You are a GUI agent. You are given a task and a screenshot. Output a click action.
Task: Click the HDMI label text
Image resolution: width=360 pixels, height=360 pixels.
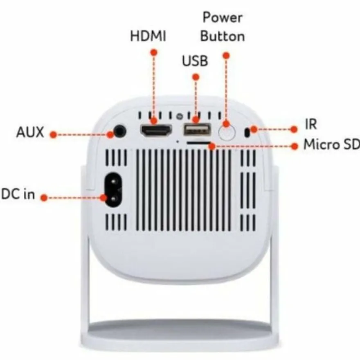coord(148,36)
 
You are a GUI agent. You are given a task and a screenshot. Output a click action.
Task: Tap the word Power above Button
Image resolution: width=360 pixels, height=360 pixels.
coord(222,18)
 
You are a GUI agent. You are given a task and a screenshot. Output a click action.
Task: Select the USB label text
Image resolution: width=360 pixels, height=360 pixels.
coord(195,61)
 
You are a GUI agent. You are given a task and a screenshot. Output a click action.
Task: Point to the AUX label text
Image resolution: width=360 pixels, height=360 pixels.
coord(30,132)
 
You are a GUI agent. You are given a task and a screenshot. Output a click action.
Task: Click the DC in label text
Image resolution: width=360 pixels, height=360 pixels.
coord(18,194)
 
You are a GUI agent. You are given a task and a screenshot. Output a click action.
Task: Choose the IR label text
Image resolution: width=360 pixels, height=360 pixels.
coord(311,124)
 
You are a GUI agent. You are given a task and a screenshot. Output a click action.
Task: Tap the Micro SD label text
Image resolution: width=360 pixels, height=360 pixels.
coord(331,144)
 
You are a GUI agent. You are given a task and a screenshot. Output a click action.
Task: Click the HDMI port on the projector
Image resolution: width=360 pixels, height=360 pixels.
coord(156,131)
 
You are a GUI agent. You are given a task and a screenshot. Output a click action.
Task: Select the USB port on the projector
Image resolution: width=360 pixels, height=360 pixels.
coord(197,130)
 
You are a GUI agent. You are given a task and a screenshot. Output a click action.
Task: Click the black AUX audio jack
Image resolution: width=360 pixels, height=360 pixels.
coord(120,132)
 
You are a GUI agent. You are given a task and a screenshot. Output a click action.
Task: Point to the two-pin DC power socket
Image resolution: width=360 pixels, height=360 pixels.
coord(113,190)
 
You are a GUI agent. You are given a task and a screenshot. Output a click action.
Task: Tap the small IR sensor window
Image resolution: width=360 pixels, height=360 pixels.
coord(247,133)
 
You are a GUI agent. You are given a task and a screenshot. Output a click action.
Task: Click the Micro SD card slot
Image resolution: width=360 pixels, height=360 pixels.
coord(199,143)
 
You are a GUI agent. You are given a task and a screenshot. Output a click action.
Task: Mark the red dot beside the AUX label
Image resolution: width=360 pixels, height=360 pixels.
coord(53,135)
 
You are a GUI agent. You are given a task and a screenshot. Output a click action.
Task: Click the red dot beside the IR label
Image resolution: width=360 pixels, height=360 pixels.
coord(294,129)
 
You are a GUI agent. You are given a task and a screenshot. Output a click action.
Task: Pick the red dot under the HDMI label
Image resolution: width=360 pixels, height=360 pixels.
coord(154,53)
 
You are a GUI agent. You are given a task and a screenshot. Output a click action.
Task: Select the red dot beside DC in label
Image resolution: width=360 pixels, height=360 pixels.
coord(44,198)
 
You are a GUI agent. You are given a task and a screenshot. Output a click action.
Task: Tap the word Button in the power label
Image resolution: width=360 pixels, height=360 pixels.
coord(223,36)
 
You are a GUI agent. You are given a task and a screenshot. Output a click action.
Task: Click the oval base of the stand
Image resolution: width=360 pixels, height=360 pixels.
coord(180,334)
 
